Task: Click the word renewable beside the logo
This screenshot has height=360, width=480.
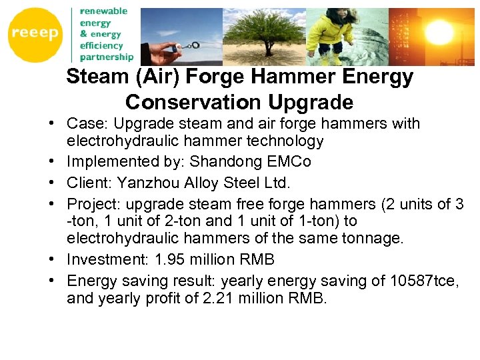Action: (103, 11)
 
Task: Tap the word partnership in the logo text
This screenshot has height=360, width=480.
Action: (107, 57)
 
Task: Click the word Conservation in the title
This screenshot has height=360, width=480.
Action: (193, 103)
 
